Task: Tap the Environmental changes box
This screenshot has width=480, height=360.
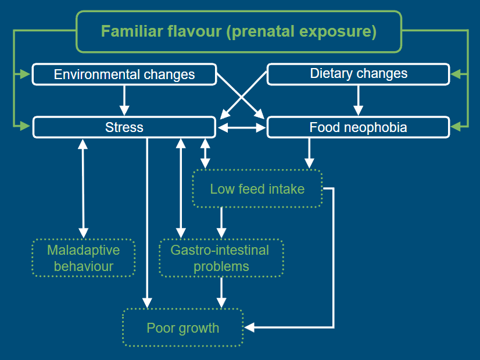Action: pos(124,74)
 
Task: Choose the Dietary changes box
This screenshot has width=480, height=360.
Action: pos(359,74)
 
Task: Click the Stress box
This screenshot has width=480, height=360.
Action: pos(124,127)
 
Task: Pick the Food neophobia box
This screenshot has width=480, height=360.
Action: pos(359,127)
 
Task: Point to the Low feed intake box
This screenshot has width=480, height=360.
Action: pos(257,189)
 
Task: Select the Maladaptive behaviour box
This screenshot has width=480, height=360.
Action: pos(84,258)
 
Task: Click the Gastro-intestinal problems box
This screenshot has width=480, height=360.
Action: pos(221,258)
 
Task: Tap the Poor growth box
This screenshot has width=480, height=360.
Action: pos(182,327)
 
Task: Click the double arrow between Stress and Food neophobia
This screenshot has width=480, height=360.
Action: pos(242,127)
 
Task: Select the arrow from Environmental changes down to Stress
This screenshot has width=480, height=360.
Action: pos(124,100)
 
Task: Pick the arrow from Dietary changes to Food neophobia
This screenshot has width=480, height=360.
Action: pos(358,100)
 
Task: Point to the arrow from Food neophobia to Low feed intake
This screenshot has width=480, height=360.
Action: pos(309,153)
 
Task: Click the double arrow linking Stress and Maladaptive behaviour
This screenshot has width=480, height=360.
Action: pos(83,188)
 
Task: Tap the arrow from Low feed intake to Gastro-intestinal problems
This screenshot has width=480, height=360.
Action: pos(221,223)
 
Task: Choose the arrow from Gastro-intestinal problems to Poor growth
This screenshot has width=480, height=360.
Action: pos(221,293)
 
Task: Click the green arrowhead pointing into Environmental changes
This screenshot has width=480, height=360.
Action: pos(25,74)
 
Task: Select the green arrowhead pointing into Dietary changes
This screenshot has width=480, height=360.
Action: pos(456,74)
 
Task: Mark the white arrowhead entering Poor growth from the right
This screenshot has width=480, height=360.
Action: pos(249,327)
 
